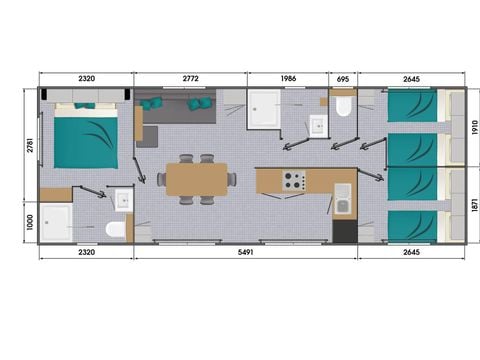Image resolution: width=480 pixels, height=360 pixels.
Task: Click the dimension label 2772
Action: point(190,79)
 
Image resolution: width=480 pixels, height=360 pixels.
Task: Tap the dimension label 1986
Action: point(288,79)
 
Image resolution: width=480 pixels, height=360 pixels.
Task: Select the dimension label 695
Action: point(343,79)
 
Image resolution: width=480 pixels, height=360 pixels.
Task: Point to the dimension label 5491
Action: point(245,252)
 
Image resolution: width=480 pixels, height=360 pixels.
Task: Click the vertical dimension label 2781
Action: point(30,145)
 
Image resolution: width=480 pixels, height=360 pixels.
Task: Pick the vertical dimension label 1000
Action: point(30,222)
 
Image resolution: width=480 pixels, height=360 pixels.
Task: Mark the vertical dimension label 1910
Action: point(475,127)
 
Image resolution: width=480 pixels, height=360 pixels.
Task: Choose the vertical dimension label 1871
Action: point(475,203)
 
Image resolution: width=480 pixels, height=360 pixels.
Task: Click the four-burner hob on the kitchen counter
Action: point(294,181)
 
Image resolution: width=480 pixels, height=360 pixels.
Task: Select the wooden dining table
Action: point(197,179)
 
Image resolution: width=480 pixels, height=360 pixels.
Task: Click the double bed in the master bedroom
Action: point(86,136)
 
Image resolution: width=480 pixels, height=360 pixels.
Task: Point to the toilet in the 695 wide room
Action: point(343,106)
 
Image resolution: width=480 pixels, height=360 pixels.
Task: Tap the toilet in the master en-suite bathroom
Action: point(116,229)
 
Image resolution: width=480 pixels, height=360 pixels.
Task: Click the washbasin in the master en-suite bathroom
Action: point(124,200)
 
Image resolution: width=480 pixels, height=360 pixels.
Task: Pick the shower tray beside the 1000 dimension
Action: point(56,222)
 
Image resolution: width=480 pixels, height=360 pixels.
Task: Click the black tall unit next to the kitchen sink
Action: point(345,231)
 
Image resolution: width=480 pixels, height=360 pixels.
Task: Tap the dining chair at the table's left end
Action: point(162,179)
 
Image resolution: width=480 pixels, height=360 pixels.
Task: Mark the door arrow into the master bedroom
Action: point(139,171)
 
